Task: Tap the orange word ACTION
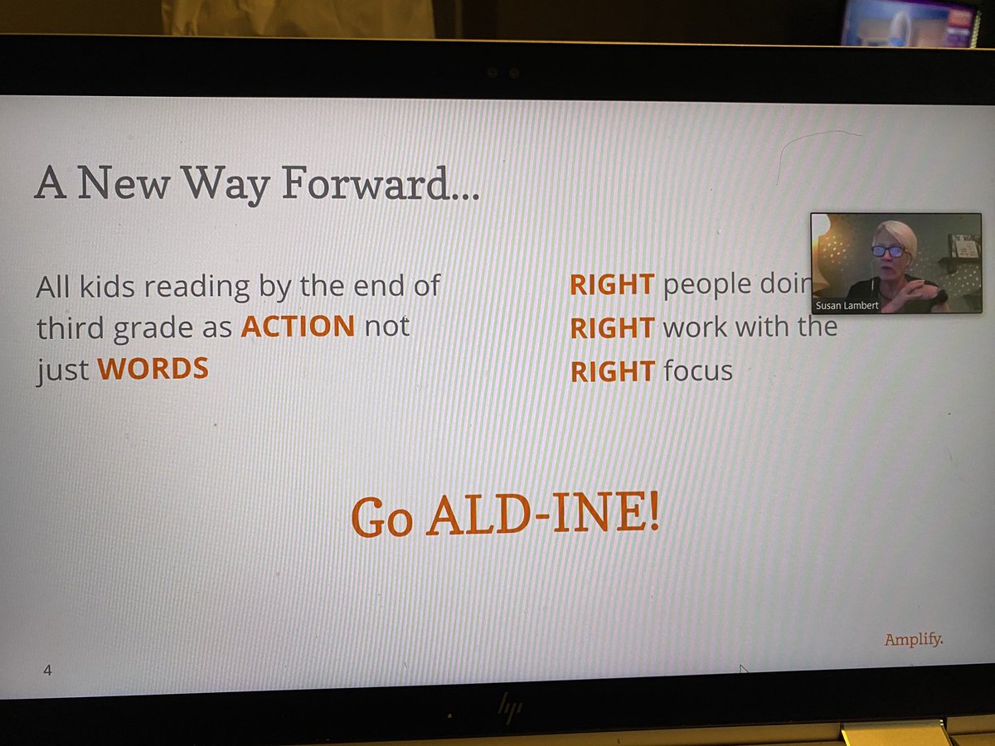[x=298, y=326]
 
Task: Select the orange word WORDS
[x=153, y=368]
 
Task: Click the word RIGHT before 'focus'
[x=612, y=371]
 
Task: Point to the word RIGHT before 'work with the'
[x=612, y=328]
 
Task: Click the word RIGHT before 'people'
[x=612, y=285]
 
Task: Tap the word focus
[x=698, y=371]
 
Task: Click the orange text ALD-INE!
[x=542, y=515]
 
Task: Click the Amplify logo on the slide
[x=913, y=639]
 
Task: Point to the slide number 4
[x=47, y=669]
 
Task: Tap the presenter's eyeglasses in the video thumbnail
[x=888, y=250]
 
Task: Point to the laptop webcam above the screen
[x=503, y=73]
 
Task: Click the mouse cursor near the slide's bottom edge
[x=744, y=669]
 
